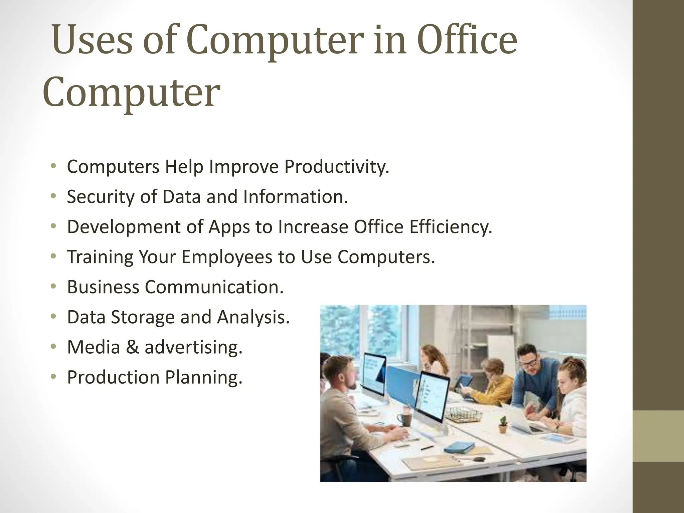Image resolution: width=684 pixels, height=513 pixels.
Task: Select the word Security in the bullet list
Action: click(101, 197)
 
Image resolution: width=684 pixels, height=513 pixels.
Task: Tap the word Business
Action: click(103, 287)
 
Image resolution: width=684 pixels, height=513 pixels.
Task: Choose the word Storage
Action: click(143, 317)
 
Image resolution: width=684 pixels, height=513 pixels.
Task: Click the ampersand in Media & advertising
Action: click(132, 347)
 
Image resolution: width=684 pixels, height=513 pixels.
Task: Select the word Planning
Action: click(204, 377)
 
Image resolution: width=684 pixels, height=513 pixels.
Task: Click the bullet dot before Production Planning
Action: click(53, 376)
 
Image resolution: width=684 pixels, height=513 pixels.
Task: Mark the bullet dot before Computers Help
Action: click(53, 166)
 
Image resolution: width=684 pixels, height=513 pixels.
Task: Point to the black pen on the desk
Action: click(427, 448)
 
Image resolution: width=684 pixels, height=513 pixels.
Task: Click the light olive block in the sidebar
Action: click(658, 436)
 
